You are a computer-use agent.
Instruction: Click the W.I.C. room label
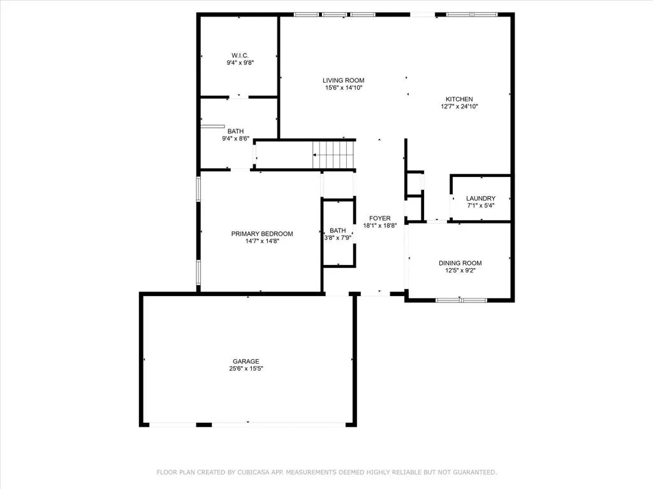(240, 55)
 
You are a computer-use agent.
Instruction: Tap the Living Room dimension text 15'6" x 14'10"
(344, 88)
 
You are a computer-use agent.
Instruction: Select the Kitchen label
(459, 99)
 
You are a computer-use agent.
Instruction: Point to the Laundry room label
(481, 199)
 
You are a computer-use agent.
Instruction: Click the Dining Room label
(460, 263)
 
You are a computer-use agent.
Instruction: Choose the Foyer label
(380, 218)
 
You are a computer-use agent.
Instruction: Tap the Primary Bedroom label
(262, 234)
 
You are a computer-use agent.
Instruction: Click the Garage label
(246, 362)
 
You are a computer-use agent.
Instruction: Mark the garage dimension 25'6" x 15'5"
(246, 369)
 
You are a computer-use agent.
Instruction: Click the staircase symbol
(334, 155)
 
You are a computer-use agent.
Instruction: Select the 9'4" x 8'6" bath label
(236, 131)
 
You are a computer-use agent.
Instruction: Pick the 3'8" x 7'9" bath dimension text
(338, 238)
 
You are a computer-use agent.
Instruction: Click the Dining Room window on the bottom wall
(461, 300)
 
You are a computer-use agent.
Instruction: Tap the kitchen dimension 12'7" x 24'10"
(459, 106)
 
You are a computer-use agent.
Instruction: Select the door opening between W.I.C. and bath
(238, 97)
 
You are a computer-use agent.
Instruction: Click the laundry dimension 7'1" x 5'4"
(481, 206)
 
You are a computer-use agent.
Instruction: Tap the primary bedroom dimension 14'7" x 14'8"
(262, 241)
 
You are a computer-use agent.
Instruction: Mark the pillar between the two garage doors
(204, 425)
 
